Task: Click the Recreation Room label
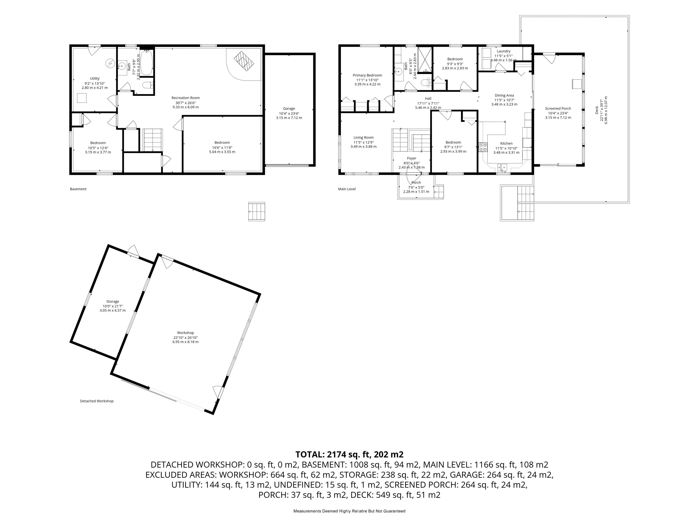coord(185,98)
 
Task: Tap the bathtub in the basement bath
coord(146,62)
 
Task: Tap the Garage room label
coord(289,109)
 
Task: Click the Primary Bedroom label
coord(367,76)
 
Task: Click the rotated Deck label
coord(597,110)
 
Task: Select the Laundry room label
coord(503,51)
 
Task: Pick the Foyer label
coord(411,158)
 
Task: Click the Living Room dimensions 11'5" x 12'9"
coord(363,142)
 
